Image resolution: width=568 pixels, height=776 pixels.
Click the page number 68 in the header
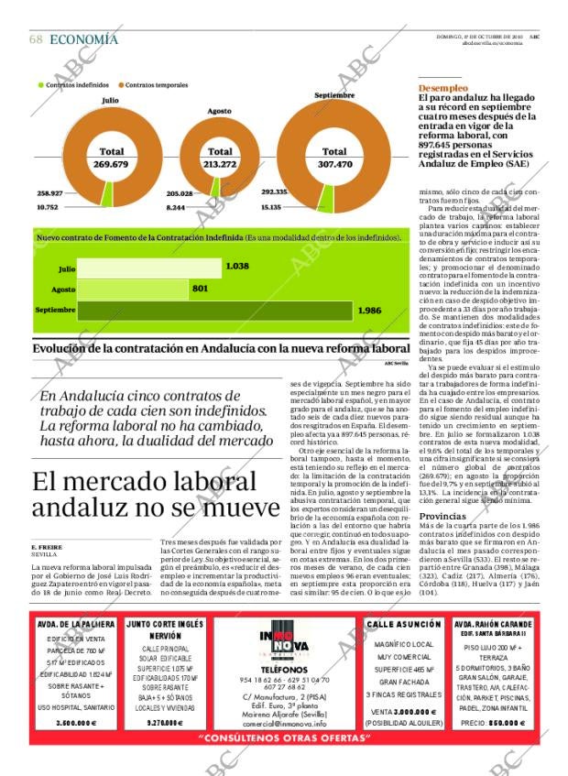point(36,39)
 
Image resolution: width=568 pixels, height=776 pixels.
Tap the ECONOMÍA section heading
point(83,39)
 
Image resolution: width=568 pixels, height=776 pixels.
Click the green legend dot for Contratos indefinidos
point(41,85)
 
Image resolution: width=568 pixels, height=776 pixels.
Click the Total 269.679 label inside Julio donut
point(111,158)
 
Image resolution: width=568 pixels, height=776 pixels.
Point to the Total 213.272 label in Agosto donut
point(220,158)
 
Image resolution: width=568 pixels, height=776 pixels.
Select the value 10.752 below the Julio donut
point(47,207)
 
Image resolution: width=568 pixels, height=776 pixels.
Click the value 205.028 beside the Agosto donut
point(180,193)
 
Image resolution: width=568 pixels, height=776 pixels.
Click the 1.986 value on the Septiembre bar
point(369,311)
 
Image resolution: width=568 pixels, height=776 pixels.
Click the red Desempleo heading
point(442,88)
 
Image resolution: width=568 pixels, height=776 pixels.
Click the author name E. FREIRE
point(46,548)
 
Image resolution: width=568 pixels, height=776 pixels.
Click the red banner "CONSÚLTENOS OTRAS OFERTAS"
point(283,738)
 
